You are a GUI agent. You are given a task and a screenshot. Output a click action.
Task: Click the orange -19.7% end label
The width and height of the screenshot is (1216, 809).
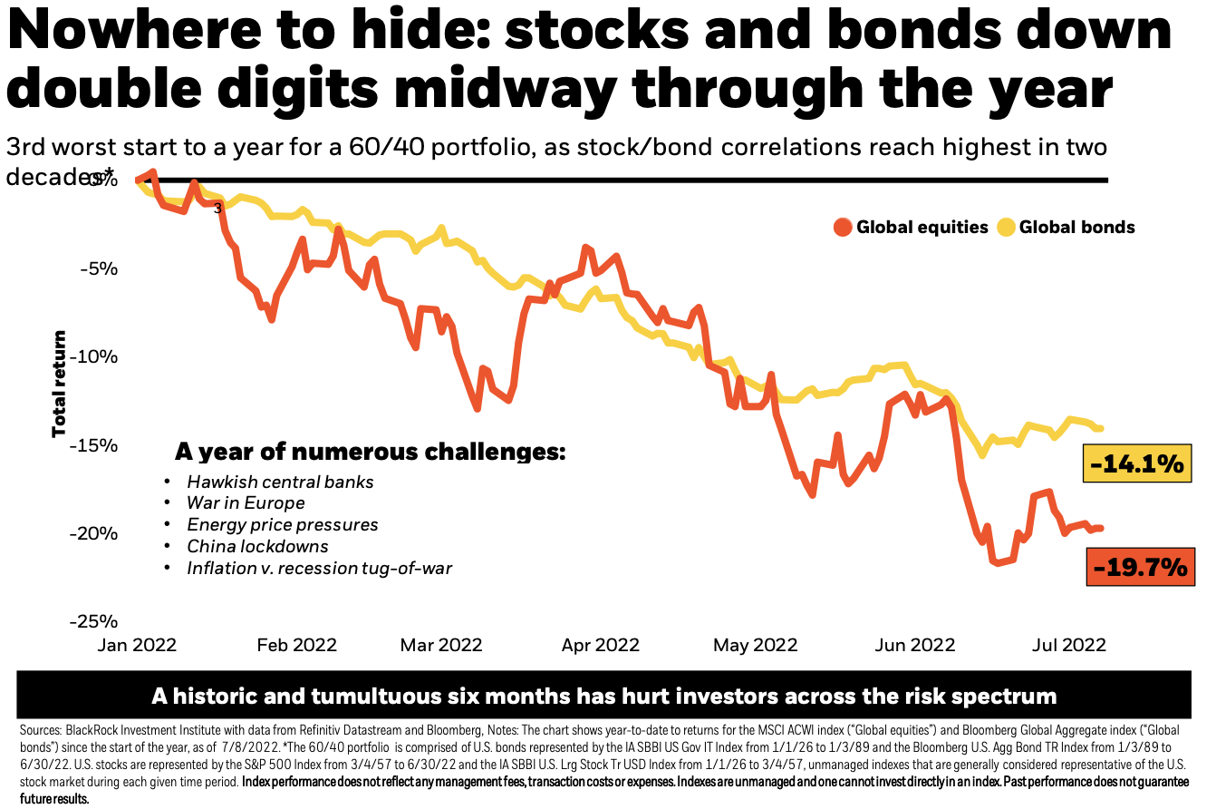[x=1139, y=568]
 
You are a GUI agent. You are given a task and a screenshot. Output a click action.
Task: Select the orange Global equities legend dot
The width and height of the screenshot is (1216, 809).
[x=844, y=227]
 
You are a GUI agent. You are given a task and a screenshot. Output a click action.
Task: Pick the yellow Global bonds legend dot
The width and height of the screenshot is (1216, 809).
[x=1006, y=227]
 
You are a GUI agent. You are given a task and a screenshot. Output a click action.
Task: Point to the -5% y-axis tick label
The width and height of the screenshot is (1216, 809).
[x=99, y=268]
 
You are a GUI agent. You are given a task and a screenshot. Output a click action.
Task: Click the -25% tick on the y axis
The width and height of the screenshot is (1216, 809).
[x=95, y=621]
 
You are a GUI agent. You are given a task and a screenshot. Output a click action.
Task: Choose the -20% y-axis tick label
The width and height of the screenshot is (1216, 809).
[x=95, y=532]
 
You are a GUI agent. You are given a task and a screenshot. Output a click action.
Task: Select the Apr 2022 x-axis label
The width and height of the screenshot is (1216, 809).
[x=600, y=645]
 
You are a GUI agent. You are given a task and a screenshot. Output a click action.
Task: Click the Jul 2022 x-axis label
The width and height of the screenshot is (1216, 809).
[x=1069, y=645]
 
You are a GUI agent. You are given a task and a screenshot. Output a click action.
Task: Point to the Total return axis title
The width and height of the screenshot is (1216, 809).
[x=60, y=384]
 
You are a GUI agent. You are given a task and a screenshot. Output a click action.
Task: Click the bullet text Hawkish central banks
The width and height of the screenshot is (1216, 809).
[x=280, y=482]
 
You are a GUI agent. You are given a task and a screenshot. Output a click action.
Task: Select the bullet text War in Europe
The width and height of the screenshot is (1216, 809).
[x=246, y=502]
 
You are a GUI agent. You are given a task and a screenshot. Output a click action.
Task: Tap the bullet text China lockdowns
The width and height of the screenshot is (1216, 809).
[x=257, y=546]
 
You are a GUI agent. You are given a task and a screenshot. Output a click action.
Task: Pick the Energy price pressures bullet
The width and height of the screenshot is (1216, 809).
[x=282, y=524]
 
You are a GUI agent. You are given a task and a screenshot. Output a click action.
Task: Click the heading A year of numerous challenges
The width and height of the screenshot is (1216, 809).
[x=370, y=452]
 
